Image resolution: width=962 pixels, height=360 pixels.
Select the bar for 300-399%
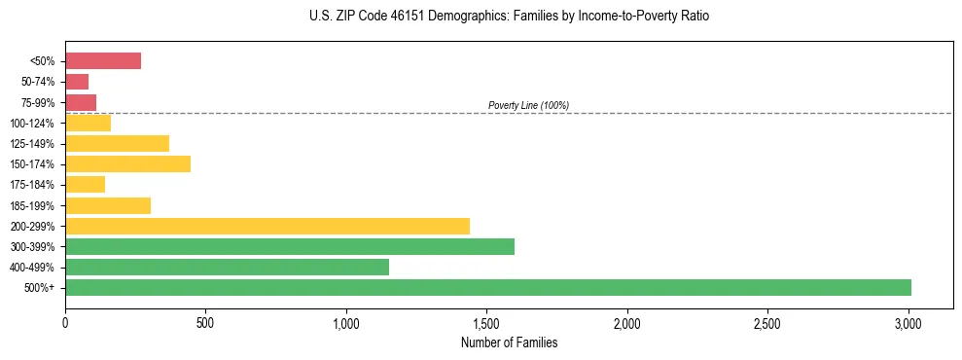click(290, 246)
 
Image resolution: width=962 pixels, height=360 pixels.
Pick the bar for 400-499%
click(227, 267)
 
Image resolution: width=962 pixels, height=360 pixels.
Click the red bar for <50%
click(103, 61)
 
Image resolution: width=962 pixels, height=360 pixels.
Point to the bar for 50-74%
click(77, 82)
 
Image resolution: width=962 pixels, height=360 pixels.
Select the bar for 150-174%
click(127, 163)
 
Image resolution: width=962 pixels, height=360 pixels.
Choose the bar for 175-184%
click(85, 184)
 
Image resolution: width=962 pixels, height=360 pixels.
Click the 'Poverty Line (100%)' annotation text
click(528, 105)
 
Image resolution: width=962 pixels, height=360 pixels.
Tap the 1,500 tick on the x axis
click(486, 322)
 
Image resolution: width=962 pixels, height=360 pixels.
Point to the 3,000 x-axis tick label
click(909, 322)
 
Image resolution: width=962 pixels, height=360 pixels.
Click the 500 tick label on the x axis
click(205, 322)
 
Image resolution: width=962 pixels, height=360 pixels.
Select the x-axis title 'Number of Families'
click(509, 342)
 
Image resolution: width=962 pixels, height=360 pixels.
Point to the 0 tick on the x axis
click(65, 322)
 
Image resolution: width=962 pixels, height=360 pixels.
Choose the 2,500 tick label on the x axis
click(767, 322)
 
